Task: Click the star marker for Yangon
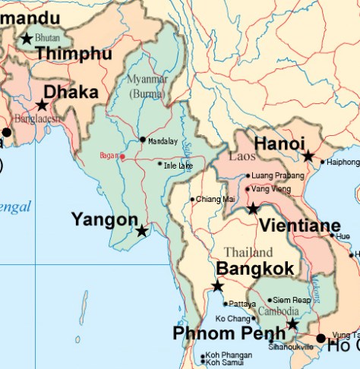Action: click(x=142, y=231)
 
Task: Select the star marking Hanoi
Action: click(x=308, y=156)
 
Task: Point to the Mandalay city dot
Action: click(x=142, y=140)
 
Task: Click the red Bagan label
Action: click(x=109, y=156)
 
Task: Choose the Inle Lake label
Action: click(x=178, y=164)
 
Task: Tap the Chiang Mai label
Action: click(x=216, y=199)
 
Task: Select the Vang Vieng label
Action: click(x=271, y=189)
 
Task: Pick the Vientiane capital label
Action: click(x=299, y=226)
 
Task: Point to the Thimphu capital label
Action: click(x=73, y=54)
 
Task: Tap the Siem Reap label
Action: click(x=292, y=300)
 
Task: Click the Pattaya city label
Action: click(x=242, y=304)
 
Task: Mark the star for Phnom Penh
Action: click(x=292, y=324)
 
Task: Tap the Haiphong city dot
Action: click(x=323, y=162)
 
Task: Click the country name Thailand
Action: click(x=248, y=252)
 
